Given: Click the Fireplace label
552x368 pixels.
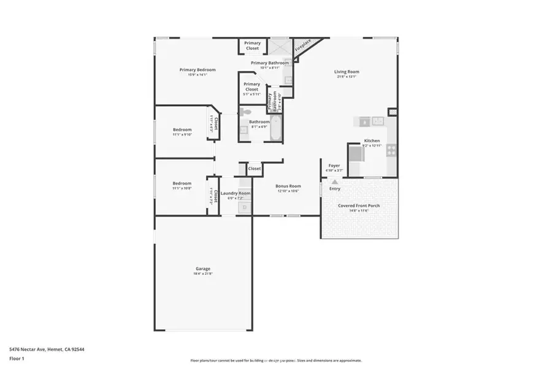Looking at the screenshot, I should pyautogui.click(x=303, y=46).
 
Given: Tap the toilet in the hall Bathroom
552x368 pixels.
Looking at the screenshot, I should pyautogui.click(x=245, y=112).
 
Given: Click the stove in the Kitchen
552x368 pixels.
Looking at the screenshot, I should pyautogui.click(x=391, y=148).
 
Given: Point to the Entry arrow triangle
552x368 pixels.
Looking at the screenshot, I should pyautogui.click(x=334, y=182).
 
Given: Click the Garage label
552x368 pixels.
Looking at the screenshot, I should pyautogui.click(x=203, y=269).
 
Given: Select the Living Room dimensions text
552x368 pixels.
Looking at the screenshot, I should pyautogui.click(x=347, y=77).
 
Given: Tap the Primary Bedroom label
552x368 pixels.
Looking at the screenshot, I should pyautogui.click(x=197, y=70).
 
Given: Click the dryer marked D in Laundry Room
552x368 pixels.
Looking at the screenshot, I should pyautogui.click(x=244, y=207).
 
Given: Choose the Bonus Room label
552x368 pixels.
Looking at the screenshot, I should pyautogui.click(x=288, y=186).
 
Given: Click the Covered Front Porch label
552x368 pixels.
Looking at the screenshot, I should pyautogui.click(x=359, y=205).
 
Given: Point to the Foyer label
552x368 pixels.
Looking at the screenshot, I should pyautogui.click(x=334, y=166).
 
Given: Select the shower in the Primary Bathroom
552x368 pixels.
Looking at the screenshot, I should pyautogui.click(x=280, y=47).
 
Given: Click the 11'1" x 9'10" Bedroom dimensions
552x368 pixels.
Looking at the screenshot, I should pyautogui.click(x=182, y=134).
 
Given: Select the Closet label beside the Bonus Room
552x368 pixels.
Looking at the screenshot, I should pyautogui.click(x=255, y=168).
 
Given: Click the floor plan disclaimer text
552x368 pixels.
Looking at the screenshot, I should pyautogui.click(x=276, y=361).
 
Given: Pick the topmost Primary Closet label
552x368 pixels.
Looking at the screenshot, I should pyautogui.click(x=252, y=45).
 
